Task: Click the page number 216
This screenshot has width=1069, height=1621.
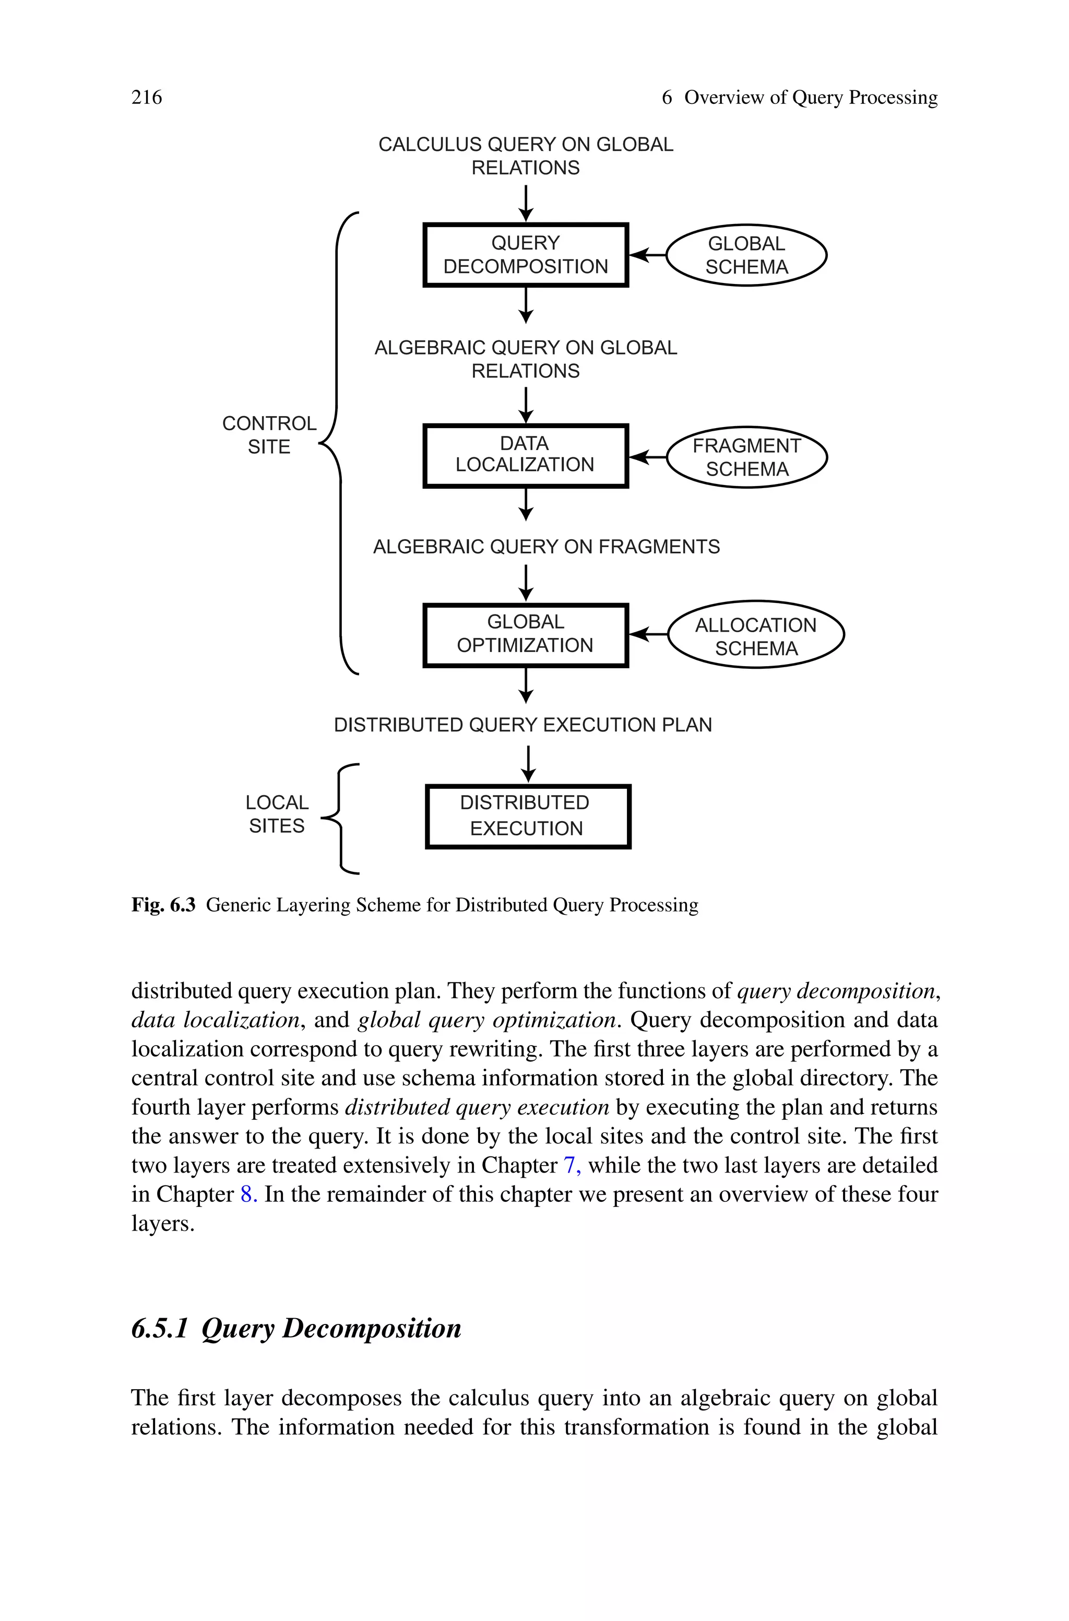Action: point(147,98)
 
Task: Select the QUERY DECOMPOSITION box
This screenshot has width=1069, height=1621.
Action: point(525,255)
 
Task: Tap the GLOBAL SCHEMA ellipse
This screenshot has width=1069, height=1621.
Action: point(746,255)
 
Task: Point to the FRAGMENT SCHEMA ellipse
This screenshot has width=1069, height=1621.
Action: point(746,457)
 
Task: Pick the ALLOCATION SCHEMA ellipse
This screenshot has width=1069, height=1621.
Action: point(755,635)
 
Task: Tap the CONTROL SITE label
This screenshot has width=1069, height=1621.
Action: point(269,435)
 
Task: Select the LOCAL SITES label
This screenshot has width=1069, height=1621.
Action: point(277,814)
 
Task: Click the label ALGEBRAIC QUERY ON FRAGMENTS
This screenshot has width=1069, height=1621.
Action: point(546,547)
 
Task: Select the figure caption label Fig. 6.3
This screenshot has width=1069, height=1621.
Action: point(163,905)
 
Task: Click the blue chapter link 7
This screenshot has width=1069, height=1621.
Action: point(571,1166)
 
